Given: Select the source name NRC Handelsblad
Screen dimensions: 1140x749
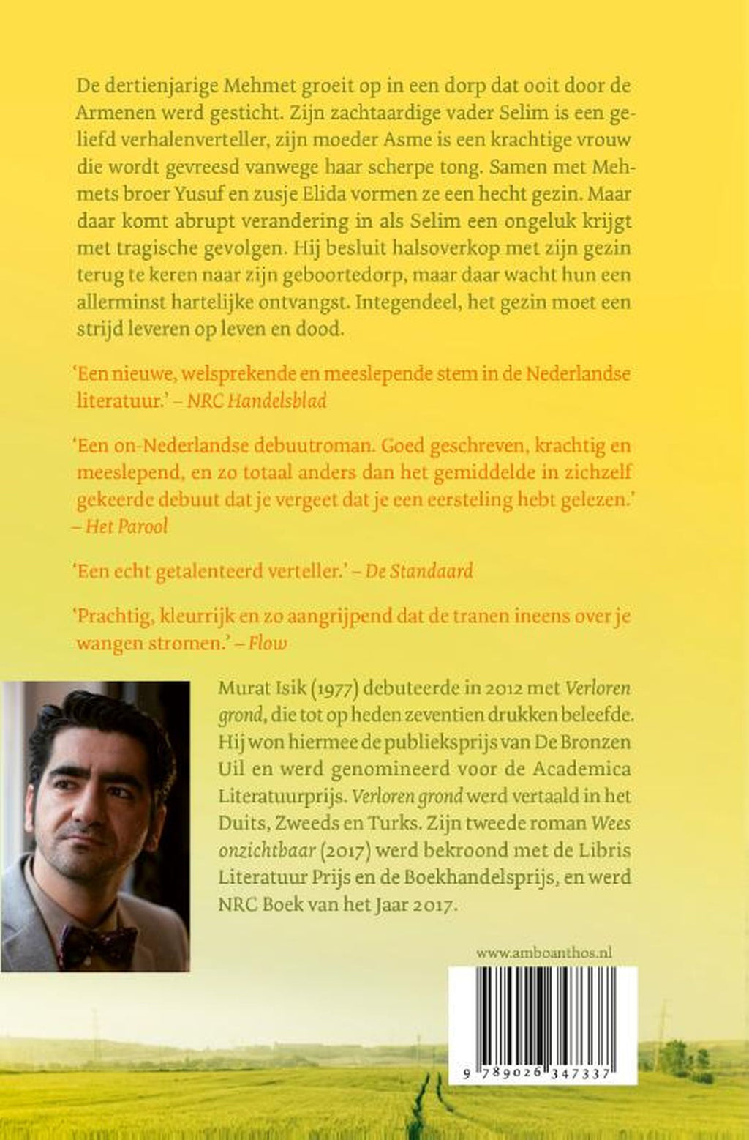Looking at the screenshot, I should click(257, 401).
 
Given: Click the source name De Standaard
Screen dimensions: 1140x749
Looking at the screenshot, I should click(419, 570).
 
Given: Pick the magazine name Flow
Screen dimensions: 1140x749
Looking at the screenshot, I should click(268, 643).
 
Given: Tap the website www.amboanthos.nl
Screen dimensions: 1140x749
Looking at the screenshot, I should click(543, 953).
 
